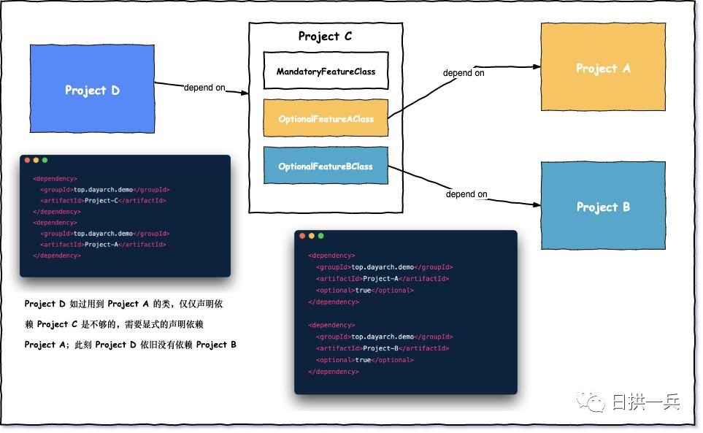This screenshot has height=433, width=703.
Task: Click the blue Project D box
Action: (x=93, y=89)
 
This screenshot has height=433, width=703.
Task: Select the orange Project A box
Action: (x=603, y=66)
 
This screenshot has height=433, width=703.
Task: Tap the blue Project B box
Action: (x=603, y=205)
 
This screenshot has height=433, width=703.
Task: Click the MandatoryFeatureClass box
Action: (x=326, y=71)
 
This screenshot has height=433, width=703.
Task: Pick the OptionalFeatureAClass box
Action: (x=326, y=118)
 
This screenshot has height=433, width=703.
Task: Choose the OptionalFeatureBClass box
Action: (x=326, y=166)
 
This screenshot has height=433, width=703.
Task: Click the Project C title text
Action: (x=325, y=36)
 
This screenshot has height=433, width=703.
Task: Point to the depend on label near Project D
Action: (x=204, y=88)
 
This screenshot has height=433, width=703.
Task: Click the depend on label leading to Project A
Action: (x=464, y=72)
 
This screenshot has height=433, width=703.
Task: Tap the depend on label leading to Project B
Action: (x=466, y=193)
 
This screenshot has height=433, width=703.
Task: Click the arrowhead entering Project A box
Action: (x=537, y=66)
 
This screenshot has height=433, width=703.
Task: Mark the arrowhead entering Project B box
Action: (x=537, y=205)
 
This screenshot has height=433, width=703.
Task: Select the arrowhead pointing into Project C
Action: (x=245, y=93)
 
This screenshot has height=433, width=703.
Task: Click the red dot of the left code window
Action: (x=27, y=160)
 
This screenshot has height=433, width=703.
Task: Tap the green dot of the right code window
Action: (x=320, y=236)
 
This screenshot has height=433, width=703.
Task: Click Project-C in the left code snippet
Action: (x=101, y=200)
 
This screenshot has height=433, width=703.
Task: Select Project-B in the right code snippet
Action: (x=380, y=348)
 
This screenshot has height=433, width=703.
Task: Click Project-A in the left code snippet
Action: (x=101, y=245)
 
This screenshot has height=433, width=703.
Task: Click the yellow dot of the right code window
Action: (x=312, y=236)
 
